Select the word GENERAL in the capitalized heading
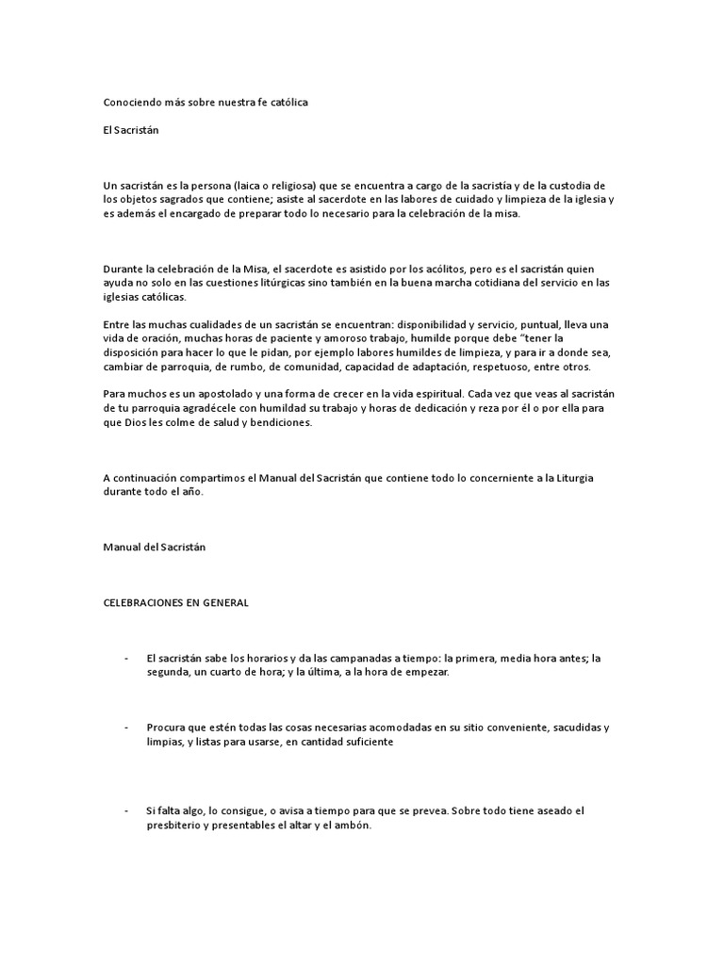[222, 603]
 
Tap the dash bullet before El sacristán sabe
[125, 658]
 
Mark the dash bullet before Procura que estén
[125, 728]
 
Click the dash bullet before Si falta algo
[125, 810]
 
